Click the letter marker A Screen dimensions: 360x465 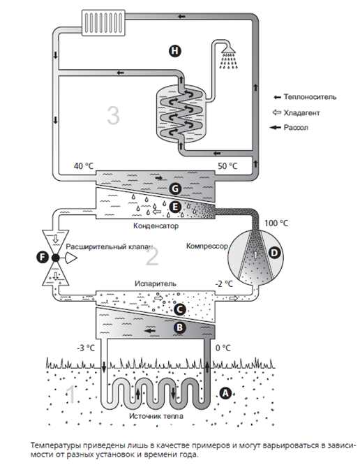(x=225, y=393)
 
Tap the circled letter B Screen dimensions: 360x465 (x=179, y=327)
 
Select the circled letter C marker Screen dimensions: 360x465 (x=179, y=309)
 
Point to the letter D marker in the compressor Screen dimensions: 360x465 (x=275, y=253)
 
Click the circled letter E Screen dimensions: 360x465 (x=175, y=207)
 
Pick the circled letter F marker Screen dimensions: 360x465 (x=43, y=257)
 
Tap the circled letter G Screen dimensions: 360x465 (x=175, y=189)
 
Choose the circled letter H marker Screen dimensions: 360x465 (x=175, y=51)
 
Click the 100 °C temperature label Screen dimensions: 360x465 (x=276, y=223)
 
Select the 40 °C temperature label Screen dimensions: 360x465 (x=84, y=165)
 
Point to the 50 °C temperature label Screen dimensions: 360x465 (x=227, y=165)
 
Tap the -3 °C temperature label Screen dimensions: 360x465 (x=86, y=348)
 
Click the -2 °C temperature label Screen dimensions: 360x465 (x=224, y=283)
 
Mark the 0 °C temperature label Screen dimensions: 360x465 (x=223, y=348)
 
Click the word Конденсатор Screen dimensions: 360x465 (x=156, y=226)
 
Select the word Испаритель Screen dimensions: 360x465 (x=156, y=283)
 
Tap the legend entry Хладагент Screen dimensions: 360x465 (x=301, y=112)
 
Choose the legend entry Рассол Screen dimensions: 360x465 (x=296, y=128)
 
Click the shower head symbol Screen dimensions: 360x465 (x=228, y=56)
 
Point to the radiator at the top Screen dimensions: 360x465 (x=103, y=22)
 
